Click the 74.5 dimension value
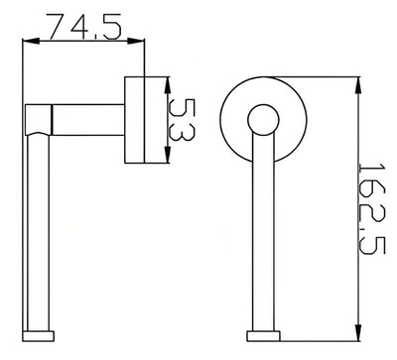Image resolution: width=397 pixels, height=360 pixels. pyautogui.click(x=83, y=27)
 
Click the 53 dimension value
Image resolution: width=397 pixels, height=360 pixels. pyautogui.click(x=181, y=119)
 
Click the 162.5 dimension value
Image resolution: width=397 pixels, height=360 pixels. pyautogui.click(x=372, y=208)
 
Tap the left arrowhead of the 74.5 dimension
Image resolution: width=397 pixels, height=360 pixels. pyautogui.click(x=31, y=41)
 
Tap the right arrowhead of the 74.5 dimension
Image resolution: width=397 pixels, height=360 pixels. pyautogui.click(x=136, y=41)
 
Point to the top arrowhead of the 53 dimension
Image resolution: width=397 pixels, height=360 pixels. pyautogui.click(x=168, y=85)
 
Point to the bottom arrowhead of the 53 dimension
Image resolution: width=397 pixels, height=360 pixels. pyautogui.click(x=168, y=155)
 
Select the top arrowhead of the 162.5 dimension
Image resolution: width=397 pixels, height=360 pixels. pyautogui.click(x=358, y=85)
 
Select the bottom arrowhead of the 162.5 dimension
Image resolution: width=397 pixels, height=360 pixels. pyautogui.click(x=358, y=332)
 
